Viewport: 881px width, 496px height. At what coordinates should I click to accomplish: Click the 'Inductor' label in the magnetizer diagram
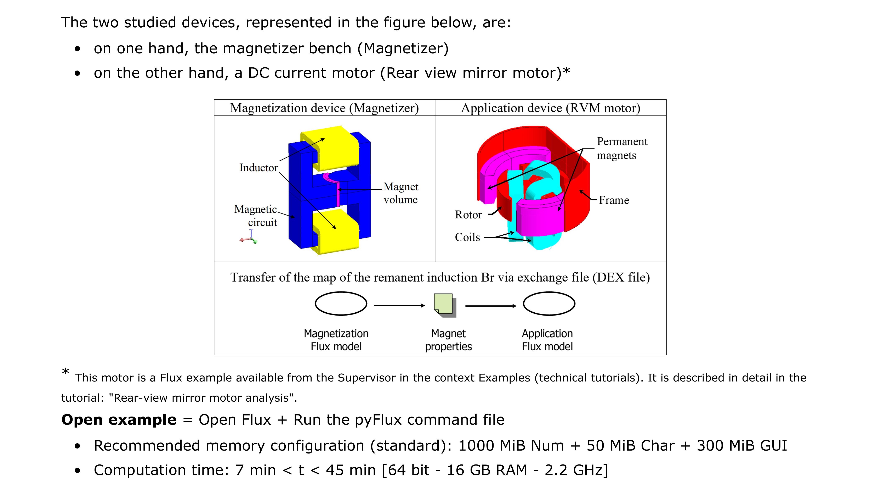pyautogui.click(x=258, y=168)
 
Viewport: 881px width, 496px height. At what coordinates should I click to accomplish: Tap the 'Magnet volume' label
pyautogui.click(x=400, y=193)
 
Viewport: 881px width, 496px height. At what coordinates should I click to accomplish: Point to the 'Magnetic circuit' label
pyautogui.click(x=256, y=216)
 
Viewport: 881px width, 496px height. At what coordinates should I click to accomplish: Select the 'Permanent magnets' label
pyautogui.click(x=621, y=148)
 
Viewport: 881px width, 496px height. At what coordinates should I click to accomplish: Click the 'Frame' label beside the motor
pyautogui.click(x=614, y=200)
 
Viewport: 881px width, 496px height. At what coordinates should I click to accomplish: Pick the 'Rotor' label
pyautogui.click(x=468, y=215)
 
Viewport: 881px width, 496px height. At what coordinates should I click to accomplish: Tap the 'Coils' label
pyautogui.click(x=467, y=237)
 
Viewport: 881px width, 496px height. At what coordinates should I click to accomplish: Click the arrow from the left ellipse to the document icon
pyautogui.click(x=399, y=305)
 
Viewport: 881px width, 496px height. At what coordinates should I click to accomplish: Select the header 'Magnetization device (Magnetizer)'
pyautogui.click(x=324, y=108)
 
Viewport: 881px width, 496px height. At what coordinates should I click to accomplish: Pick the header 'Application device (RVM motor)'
pyautogui.click(x=550, y=108)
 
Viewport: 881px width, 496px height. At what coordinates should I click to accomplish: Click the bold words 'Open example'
pyautogui.click(x=119, y=420)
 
